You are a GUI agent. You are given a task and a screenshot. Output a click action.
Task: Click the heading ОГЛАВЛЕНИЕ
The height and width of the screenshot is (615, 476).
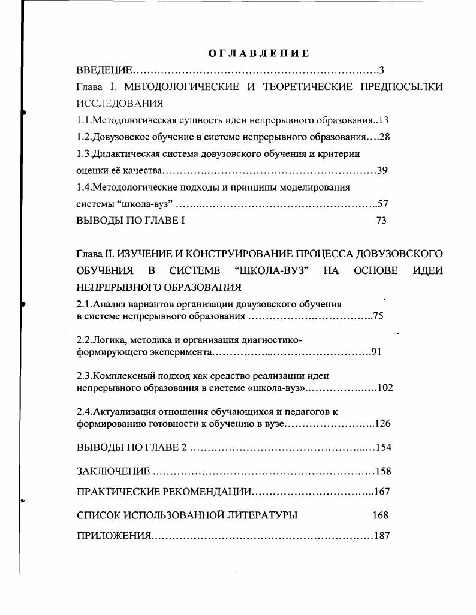(x=259, y=53)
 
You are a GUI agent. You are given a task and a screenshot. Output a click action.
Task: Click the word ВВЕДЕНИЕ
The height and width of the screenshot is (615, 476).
(x=105, y=70)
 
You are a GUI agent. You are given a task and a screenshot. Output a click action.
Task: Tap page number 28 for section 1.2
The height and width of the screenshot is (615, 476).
(x=384, y=137)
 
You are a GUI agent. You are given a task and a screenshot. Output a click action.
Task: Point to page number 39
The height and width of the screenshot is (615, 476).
(x=382, y=170)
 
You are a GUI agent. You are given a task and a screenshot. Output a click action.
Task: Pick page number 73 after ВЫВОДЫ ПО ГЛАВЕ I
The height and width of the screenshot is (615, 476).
(x=381, y=220)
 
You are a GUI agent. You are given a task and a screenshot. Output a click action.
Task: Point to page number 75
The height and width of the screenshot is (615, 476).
(x=378, y=316)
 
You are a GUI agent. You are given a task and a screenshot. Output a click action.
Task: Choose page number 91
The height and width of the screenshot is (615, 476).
(x=376, y=352)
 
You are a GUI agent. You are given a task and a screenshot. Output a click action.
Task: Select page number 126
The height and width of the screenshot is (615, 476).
(x=382, y=424)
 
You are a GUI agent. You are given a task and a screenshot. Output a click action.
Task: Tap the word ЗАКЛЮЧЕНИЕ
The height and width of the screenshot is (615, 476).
(x=113, y=471)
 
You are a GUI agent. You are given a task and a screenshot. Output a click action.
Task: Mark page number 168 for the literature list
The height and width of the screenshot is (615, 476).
(x=380, y=515)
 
